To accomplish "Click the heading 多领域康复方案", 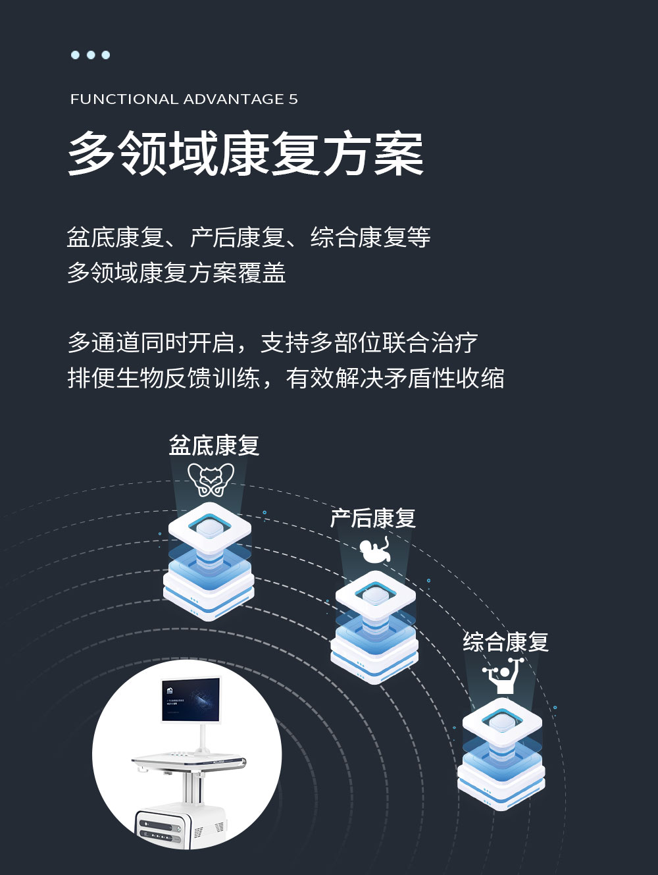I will point(246,153).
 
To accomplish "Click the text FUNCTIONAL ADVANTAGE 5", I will point(184,99).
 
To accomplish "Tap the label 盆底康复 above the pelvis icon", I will point(214,446).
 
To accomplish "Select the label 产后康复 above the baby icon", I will point(373,518).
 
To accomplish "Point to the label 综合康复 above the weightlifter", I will point(505,642).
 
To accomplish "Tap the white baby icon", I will point(375,550).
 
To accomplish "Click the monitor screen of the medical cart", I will point(191,699).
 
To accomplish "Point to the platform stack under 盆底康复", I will point(209,563).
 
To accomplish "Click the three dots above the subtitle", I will point(90,55).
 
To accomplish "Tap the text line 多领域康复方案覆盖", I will point(176,273).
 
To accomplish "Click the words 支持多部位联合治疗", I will point(369,343).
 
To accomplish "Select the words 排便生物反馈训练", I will point(164,379).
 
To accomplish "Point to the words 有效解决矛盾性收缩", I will point(395,379).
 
